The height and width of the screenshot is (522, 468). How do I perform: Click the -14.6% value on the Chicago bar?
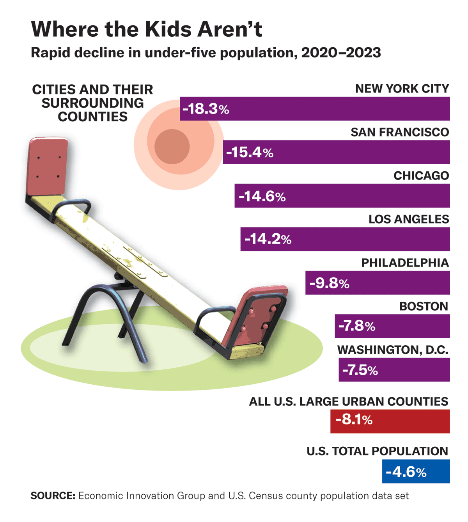pos(262,196)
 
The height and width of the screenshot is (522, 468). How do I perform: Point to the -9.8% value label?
pos(329,283)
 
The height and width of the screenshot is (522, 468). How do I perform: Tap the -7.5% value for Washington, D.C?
pos(360,370)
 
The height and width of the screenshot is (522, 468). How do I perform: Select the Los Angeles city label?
pos(409,219)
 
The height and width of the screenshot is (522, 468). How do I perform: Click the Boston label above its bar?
pos(424,306)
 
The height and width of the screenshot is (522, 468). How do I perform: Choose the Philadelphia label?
pos(405,263)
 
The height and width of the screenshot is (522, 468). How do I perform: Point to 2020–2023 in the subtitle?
pos(341,53)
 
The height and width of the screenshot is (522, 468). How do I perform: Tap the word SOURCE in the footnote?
pos(53,496)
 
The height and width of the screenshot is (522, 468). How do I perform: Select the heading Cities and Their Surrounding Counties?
pos(92,103)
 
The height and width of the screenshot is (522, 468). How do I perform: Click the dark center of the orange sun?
pos(172,146)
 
